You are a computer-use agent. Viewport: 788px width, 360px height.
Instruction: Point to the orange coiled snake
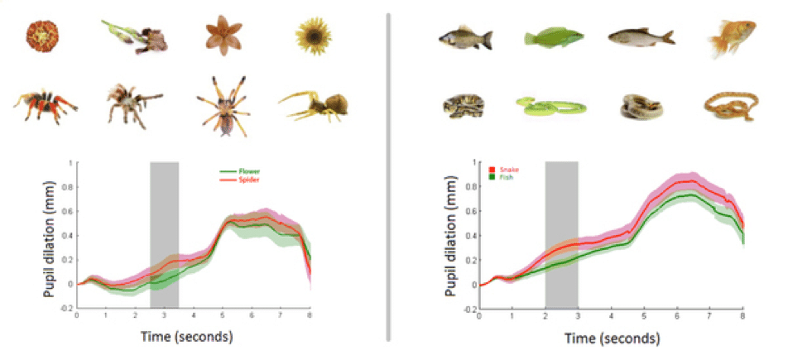point(728,108)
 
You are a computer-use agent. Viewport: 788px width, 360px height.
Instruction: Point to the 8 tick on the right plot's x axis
point(742,317)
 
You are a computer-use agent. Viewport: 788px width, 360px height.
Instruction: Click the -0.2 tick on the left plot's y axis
point(66,309)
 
